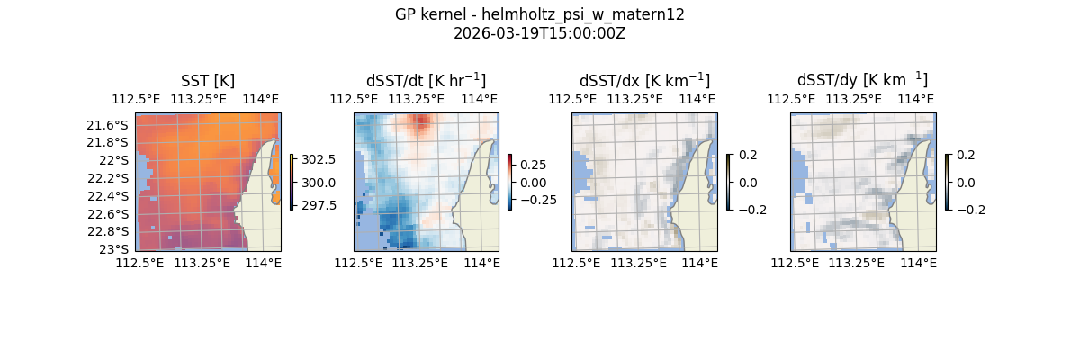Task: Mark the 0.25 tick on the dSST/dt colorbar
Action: (533, 165)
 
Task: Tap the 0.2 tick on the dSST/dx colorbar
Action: (749, 155)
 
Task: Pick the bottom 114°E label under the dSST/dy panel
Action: (918, 263)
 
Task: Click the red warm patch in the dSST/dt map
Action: (420, 122)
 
